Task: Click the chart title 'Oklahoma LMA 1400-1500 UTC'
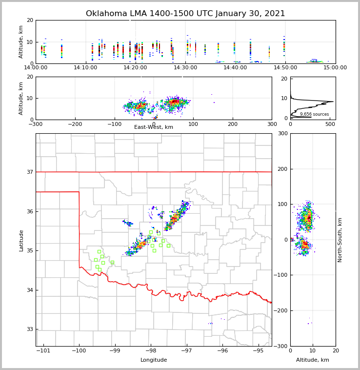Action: (x=185, y=14)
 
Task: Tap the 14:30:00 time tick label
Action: (x=185, y=67)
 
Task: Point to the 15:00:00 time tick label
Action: (x=335, y=67)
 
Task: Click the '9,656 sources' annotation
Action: (x=314, y=114)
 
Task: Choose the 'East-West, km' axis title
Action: (x=154, y=127)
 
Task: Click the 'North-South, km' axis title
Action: (x=340, y=240)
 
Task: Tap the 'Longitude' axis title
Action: (x=154, y=360)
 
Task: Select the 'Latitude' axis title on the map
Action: (x=21, y=240)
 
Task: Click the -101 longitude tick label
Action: (x=43, y=350)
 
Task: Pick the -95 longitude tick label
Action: (x=258, y=350)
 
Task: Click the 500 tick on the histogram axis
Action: (x=330, y=124)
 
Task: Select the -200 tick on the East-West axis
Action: (x=75, y=124)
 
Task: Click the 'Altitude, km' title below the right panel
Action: (x=313, y=360)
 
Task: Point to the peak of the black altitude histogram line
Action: (x=333, y=102)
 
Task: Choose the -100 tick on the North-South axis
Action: (x=281, y=275)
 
